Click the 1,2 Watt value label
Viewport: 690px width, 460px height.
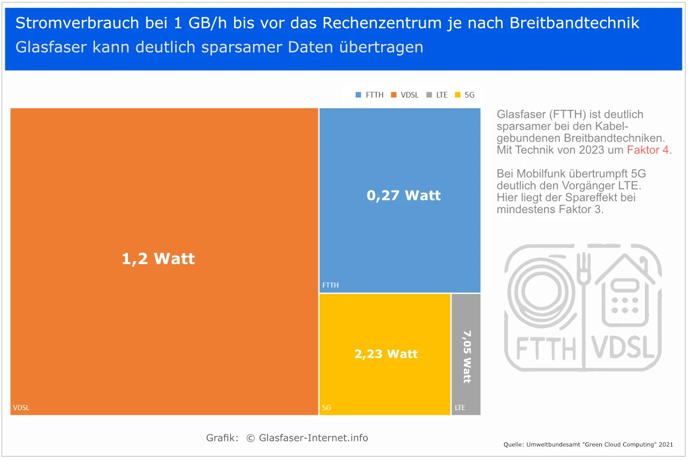pyautogui.click(x=158, y=259)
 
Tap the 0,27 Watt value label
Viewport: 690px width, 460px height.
pyautogui.click(x=403, y=195)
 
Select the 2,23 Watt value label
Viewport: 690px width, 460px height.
pyautogui.click(x=386, y=354)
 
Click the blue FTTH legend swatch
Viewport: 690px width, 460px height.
pyautogui.click(x=358, y=96)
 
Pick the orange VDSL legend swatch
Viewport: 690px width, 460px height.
pyautogui.click(x=394, y=96)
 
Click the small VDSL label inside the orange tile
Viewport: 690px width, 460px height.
pyautogui.click(x=21, y=408)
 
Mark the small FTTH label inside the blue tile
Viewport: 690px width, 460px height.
pyautogui.click(x=330, y=285)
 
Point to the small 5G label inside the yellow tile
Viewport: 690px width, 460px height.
pyautogui.click(x=326, y=408)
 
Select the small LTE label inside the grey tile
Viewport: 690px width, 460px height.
pyautogui.click(x=460, y=408)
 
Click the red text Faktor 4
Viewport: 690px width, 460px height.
pyautogui.click(x=649, y=150)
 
